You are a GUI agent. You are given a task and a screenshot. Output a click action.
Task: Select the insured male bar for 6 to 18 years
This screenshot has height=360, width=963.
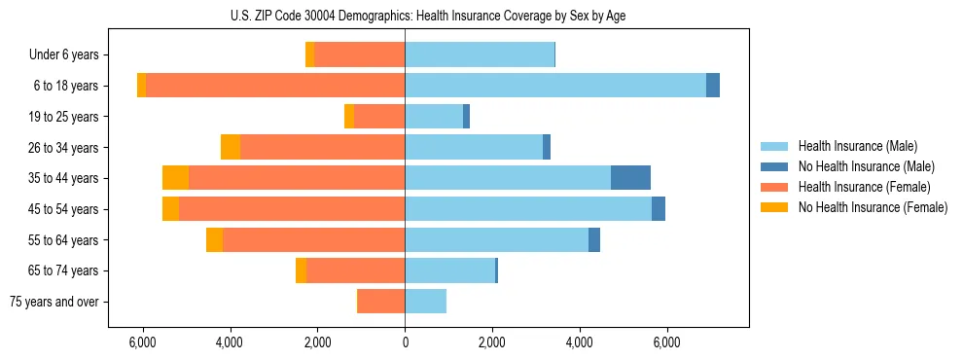pos(554,86)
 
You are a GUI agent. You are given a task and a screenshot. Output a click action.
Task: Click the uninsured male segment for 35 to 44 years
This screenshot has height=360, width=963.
pos(630,178)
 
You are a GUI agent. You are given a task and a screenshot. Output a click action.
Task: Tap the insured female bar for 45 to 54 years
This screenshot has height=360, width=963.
pos(291,209)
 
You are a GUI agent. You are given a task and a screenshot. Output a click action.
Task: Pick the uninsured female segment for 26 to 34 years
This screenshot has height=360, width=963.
pos(231,147)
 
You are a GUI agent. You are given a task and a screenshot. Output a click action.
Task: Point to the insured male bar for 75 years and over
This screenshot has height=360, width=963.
pos(425,302)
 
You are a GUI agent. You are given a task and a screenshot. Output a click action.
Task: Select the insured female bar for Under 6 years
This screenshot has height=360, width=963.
pos(359,54)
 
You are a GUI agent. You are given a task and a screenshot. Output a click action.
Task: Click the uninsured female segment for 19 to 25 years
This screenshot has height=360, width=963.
pos(349,117)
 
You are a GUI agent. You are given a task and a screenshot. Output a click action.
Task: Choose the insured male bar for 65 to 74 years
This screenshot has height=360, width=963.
pos(449,270)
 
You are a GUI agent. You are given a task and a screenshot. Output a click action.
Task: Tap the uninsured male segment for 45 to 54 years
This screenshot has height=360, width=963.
pos(659,209)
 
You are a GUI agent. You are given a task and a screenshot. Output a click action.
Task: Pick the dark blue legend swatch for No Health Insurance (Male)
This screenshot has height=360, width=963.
pos(774,166)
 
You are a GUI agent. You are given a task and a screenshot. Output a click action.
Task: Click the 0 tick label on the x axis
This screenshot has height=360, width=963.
pos(405,342)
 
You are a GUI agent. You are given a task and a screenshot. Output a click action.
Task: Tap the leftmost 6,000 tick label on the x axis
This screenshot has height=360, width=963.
pos(143,342)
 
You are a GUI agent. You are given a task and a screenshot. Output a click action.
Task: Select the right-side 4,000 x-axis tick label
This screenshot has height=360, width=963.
pos(580,342)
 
